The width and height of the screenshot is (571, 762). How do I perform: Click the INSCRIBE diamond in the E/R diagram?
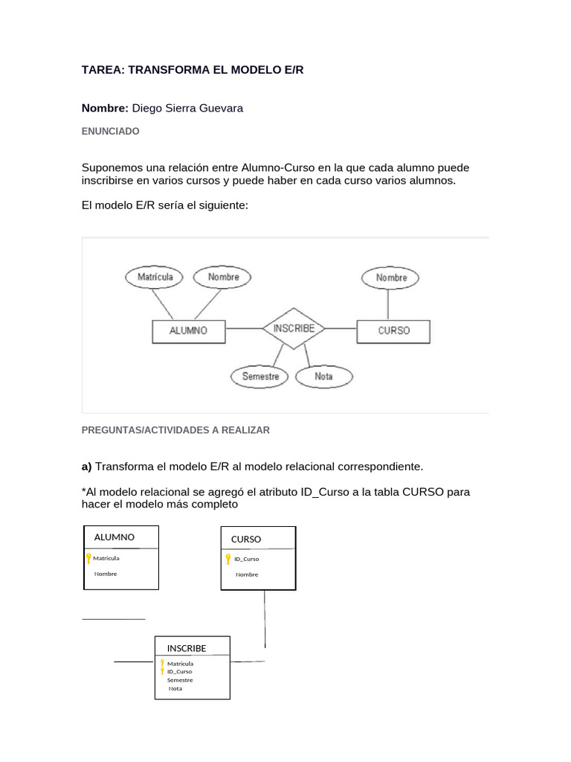294,328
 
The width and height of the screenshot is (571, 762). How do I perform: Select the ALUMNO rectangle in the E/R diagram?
188,331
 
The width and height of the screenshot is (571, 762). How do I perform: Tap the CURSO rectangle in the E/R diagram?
393,330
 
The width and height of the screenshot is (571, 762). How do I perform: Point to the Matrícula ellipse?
155,277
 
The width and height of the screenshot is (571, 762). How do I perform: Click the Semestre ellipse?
260,377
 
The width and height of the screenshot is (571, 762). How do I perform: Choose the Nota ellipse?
323,377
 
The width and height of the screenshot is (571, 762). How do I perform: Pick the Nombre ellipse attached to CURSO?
391,278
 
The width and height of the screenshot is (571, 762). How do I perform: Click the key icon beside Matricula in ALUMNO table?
88,558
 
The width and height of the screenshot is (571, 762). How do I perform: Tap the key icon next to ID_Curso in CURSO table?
228,559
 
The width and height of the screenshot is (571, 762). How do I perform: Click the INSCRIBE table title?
187,648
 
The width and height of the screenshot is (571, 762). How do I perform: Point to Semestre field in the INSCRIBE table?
180,679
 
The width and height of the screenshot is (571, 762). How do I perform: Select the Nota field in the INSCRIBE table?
175,688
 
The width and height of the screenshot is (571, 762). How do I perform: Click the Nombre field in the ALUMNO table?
106,574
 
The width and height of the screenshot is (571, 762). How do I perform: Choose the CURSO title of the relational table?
246,539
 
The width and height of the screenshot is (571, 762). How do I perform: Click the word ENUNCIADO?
110,131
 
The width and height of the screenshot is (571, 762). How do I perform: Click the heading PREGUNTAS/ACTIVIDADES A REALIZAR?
175,430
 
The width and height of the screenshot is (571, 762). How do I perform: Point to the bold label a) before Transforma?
86,467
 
